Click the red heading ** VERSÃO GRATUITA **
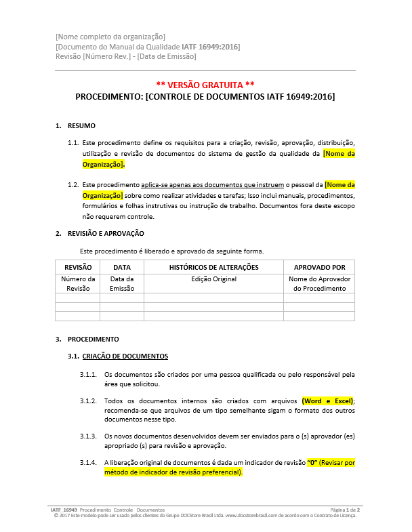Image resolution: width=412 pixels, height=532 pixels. (x=205, y=85)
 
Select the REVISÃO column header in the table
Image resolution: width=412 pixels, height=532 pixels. (x=77, y=267)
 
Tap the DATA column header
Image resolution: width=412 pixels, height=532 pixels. (x=122, y=267)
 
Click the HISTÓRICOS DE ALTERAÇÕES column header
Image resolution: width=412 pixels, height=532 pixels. (x=213, y=267)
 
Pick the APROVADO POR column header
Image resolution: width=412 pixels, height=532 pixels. (x=319, y=267)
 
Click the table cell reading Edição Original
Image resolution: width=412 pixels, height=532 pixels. (x=213, y=279)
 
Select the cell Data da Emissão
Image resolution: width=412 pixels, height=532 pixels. (x=122, y=283)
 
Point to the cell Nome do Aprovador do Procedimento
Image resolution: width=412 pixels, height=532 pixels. (x=319, y=283)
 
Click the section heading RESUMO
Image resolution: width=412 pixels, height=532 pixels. (x=81, y=126)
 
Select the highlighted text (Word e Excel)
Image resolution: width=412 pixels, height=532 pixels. (x=327, y=401)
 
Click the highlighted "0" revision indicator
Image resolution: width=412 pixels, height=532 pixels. (x=313, y=463)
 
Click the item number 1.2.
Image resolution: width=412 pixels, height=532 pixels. (x=73, y=184)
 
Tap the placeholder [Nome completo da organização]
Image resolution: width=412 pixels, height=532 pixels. (x=110, y=36)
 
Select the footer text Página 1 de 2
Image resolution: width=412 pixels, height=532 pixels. (x=344, y=509)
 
